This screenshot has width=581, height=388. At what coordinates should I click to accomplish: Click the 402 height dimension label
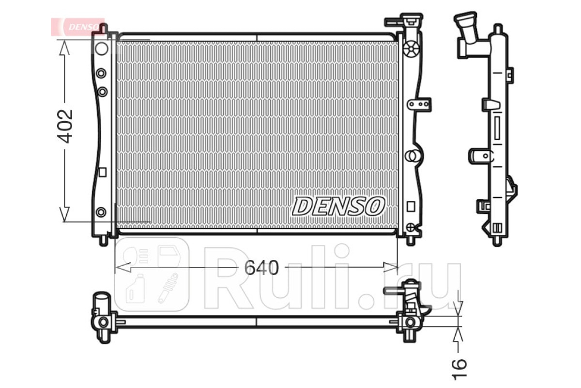point(65,127)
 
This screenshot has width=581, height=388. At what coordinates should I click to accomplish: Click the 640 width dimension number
point(261,268)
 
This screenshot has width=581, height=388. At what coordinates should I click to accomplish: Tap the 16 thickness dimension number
point(459,370)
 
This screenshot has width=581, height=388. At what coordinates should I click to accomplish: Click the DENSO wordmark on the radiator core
point(338,206)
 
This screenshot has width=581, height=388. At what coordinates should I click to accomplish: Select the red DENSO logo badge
point(77,27)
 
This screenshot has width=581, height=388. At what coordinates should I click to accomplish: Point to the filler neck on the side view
point(466,29)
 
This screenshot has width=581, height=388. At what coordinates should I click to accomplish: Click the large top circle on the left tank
point(101,48)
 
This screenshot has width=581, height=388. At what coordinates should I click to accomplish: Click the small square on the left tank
point(103,172)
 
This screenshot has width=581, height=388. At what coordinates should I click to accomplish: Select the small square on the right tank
point(411,207)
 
